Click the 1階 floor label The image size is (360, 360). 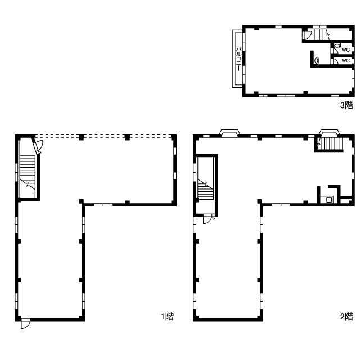(x=168, y=316)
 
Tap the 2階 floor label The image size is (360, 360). (x=346, y=316)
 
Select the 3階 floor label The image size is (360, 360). (x=346, y=105)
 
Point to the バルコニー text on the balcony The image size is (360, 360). (x=238, y=58)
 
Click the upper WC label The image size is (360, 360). (x=345, y=50)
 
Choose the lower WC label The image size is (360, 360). (x=345, y=60)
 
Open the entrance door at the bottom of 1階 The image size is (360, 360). (x=25, y=324)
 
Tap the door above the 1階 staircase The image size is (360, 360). (x=38, y=145)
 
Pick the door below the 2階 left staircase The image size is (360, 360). (x=209, y=219)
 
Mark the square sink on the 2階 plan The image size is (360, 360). (x=329, y=200)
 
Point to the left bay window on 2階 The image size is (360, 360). (x=229, y=133)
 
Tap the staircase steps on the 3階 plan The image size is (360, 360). (x=321, y=35)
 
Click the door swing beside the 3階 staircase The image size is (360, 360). (x=308, y=35)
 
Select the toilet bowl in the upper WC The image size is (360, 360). (x=336, y=45)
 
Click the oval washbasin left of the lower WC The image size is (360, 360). (x=317, y=61)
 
